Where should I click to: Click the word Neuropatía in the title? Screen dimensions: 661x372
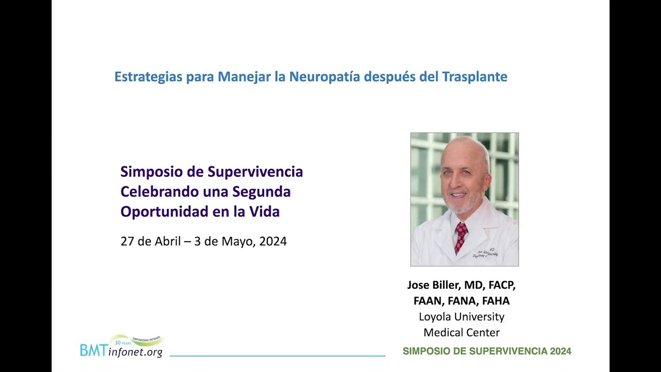(325, 77)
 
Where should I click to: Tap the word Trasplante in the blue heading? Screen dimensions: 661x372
(475, 77)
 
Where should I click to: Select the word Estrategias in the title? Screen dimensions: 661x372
(148, 78)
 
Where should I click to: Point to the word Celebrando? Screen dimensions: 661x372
(160, 192)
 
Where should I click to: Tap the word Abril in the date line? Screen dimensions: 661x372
(168, 241)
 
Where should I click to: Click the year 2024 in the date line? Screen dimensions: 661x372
(273, 241)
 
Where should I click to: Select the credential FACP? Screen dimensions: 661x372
(502, 285)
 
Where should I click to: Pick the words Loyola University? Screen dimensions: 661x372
(462, 317)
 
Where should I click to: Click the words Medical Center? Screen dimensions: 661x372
(462, 333)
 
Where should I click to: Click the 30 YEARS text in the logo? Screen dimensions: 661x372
(123, 343)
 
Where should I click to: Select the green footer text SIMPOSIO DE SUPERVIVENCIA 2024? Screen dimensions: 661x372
(487, 351)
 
